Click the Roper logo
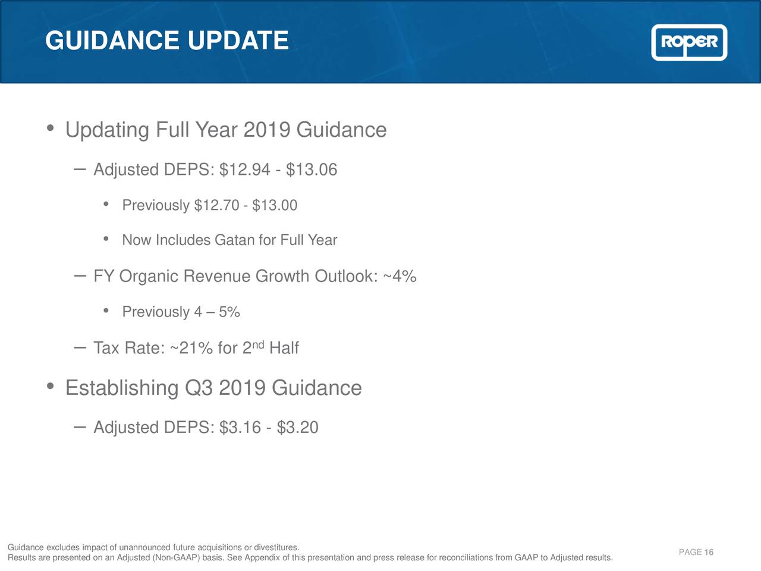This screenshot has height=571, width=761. pos(689,42)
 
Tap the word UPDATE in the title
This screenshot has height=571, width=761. pos(238,41)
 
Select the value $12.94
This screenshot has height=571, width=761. pos(245,170)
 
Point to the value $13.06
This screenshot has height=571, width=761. pos(312,170)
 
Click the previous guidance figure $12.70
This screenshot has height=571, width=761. pos(216,206)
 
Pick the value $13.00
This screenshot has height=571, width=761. pos(275,206)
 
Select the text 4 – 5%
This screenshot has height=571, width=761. pos(217,312)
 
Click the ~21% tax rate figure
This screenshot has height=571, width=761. pos(191,348)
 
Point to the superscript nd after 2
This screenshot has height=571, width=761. pos(258,344)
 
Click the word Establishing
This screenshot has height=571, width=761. pos(122,388)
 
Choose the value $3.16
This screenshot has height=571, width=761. pos(240,428)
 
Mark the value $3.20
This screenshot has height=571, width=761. pos(298,428)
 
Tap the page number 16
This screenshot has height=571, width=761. pos(709,553)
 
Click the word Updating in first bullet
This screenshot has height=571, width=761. pos(107,130)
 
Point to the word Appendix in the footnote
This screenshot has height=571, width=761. pos(262,558)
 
